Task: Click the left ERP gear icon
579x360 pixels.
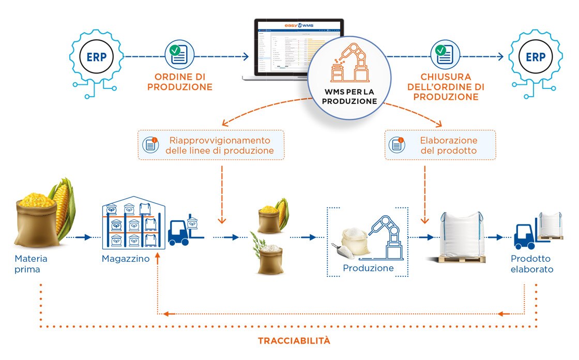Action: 97,57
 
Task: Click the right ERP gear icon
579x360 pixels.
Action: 535,57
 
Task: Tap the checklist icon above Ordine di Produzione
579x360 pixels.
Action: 179,54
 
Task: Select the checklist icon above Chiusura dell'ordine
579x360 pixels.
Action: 443,54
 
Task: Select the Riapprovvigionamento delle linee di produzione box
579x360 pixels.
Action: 210,145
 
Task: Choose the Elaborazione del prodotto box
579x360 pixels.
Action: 440,145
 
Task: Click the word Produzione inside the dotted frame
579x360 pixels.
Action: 368,268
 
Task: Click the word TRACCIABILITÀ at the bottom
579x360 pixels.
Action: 294,341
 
